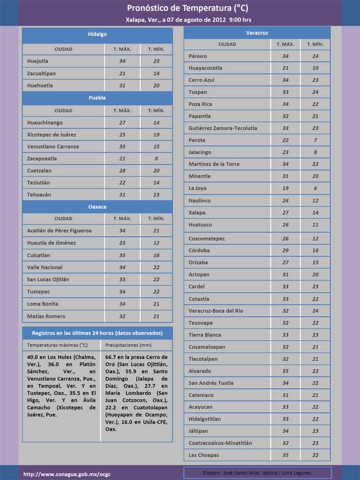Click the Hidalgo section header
97,34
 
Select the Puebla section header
97,98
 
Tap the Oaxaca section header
97,207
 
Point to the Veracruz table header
257,33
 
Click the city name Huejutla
39,61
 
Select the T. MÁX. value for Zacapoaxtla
122,159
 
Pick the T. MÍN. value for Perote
315,140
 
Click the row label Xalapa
197,213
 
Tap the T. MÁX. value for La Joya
285,189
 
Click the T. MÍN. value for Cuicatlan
156,255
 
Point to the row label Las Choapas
204,455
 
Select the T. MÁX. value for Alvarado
285,371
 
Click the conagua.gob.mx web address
60,473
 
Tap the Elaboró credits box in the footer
258,473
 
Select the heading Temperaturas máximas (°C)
57,345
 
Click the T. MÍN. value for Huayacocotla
315,68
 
